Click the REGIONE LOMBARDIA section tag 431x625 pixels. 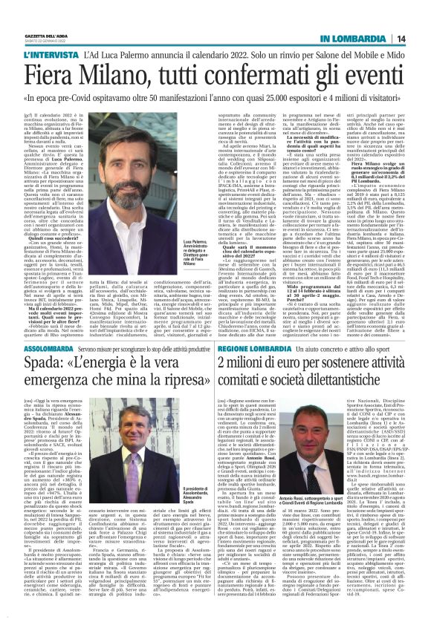click(256, 367)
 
